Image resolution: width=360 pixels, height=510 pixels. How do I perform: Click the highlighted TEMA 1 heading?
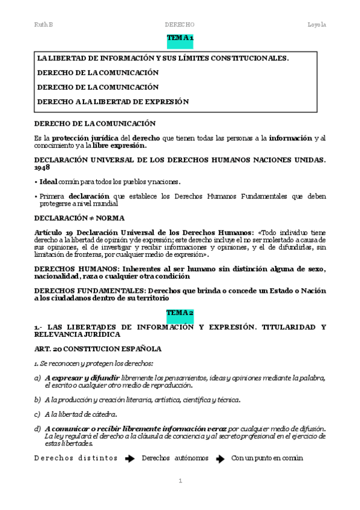[x=180, y=38]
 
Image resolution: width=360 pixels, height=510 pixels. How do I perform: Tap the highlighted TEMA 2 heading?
[x=180, y=313]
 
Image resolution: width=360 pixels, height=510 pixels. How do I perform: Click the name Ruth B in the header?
[x=44, y=24]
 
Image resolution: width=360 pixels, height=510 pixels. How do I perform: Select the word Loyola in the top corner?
[x=316, y=24]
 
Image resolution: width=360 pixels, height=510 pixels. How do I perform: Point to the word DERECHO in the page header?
[x=180, y=24]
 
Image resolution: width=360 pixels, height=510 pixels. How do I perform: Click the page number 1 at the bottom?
[x=180, y=481]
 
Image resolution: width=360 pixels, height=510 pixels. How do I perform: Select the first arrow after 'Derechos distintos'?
[x=129, y=458]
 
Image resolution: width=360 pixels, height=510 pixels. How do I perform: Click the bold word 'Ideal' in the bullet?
[x=49, y=181]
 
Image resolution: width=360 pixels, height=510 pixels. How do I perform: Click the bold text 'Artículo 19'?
[x=56, y=232]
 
